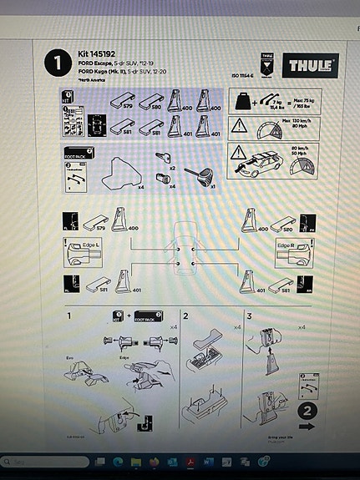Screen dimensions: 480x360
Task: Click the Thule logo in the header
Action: tap(313, 64)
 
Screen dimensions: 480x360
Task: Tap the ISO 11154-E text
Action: tap(240, 76)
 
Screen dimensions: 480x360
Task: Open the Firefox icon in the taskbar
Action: tap(155, 461)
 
